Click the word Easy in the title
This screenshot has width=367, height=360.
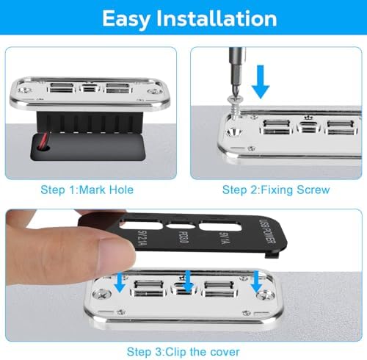[x=126, y=19]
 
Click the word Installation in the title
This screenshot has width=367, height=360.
[x=217, y=18]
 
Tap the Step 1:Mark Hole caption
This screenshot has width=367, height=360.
[x=87, y=190]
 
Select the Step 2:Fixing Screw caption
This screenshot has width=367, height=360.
[x=276, y=190]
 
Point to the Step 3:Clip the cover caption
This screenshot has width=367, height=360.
[x=183, y=352]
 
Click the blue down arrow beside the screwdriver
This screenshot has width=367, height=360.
[x=261, y=82]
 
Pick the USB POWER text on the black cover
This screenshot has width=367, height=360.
[x=267, y=231]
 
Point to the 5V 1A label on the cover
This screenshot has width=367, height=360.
[x=225, y=238]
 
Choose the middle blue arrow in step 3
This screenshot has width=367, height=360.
[x=188, y=281]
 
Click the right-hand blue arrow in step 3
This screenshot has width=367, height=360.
[x=256, y=281]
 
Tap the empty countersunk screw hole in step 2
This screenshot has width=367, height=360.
[x=233, y=132]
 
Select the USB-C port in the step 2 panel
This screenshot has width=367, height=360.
[x=309, y=127]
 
